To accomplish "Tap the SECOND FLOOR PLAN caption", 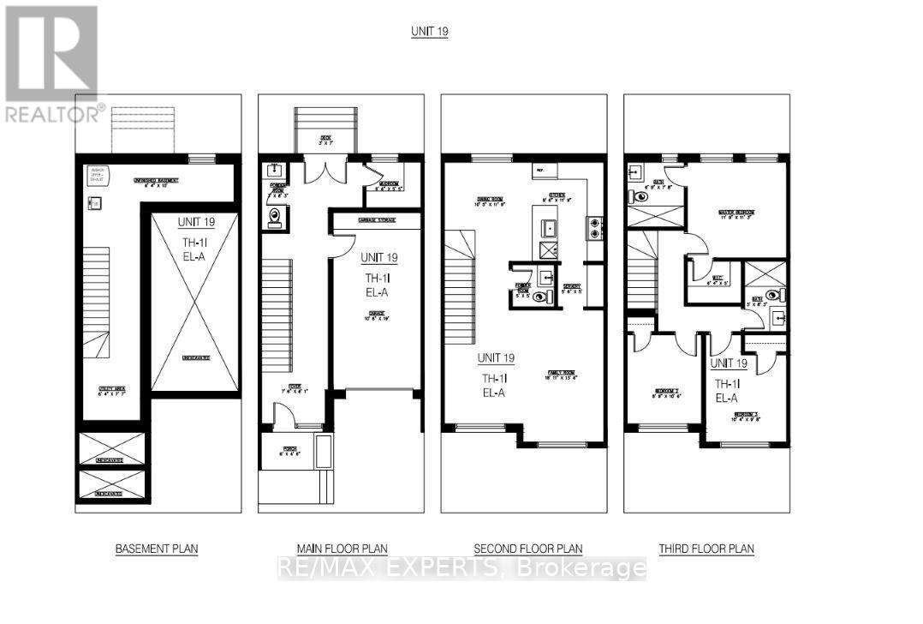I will coord(529,549).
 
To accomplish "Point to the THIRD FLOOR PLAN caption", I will coord(706,549).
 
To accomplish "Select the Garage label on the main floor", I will coord(378,315).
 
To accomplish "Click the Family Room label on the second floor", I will coord(563,375).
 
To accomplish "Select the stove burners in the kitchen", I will coord(592,227).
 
